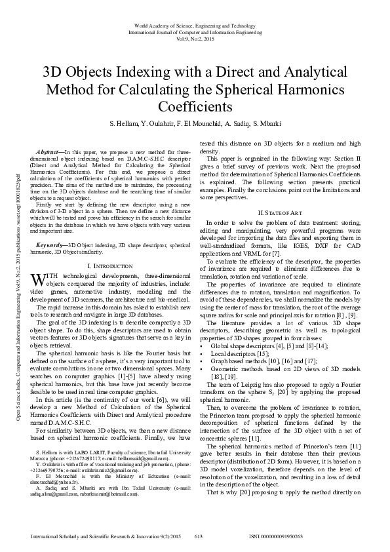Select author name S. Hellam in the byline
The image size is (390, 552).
click(x=123, y=123)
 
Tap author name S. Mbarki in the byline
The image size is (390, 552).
click(x=265, y=123)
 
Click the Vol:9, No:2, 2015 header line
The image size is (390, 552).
click(x=195, y=38)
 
